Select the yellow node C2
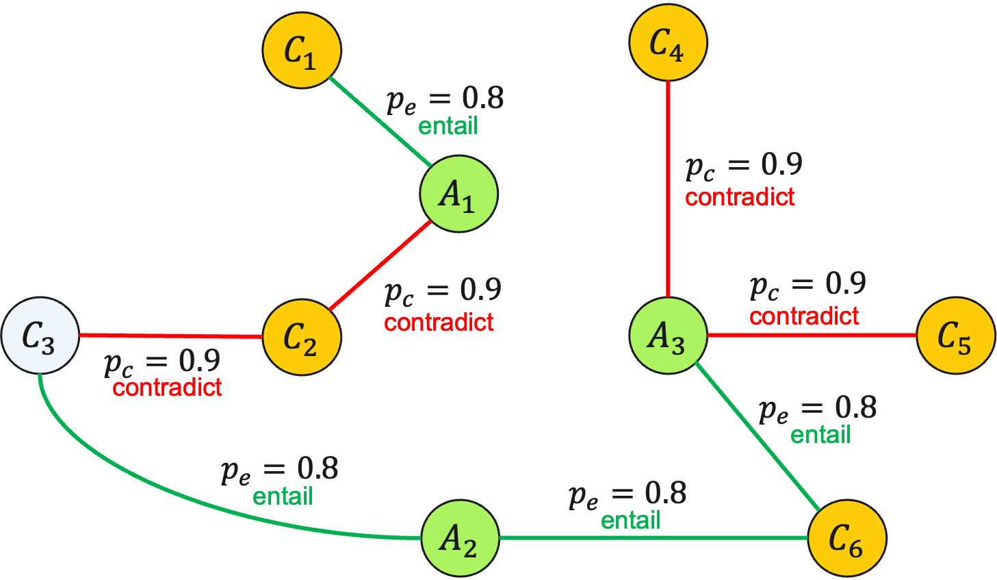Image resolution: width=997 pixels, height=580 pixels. [302, 337]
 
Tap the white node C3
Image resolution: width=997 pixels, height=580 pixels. [40, 336]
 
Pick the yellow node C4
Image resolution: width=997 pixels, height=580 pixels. [668, 42]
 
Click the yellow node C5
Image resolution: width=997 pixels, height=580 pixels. [955, 336]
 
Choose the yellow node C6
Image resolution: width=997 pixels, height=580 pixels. [847, 538]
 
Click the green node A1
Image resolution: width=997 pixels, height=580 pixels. [458, 194]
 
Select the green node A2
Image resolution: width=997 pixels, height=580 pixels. [459, 538]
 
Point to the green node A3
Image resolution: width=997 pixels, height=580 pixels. [668, 336]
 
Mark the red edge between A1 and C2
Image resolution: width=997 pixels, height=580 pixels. [380, 266]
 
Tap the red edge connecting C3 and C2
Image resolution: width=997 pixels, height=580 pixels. [171, 336]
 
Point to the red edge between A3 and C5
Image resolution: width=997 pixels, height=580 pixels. [811, 336]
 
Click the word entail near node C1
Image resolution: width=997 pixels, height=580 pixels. [448, 126]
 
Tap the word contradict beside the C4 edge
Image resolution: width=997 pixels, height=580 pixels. [740, 198]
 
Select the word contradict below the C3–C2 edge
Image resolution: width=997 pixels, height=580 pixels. [167, 388]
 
